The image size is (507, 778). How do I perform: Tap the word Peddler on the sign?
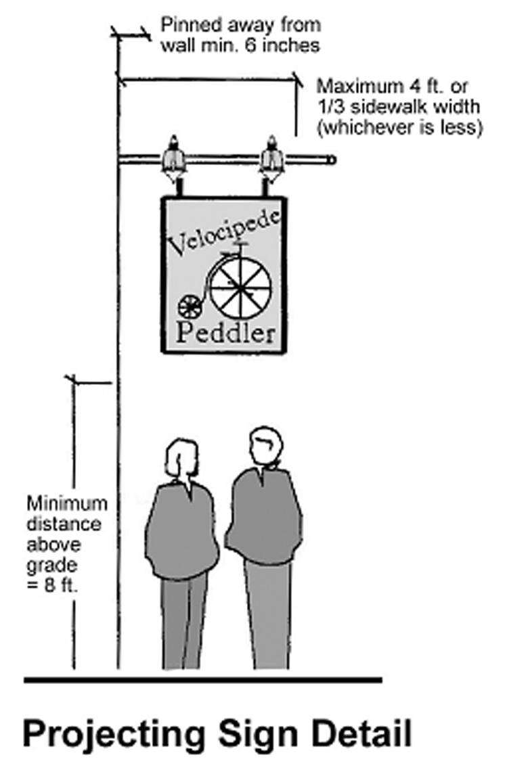[226, 332]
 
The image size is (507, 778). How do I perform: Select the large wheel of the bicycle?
[240, 287]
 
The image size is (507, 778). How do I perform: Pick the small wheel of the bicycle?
[189, 306]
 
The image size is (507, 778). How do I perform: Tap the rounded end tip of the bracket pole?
[331, 160]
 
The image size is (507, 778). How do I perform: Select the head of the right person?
[264, 448]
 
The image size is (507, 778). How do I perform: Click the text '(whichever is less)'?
[399, 127]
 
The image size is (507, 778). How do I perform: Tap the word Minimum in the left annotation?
[66, 504]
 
